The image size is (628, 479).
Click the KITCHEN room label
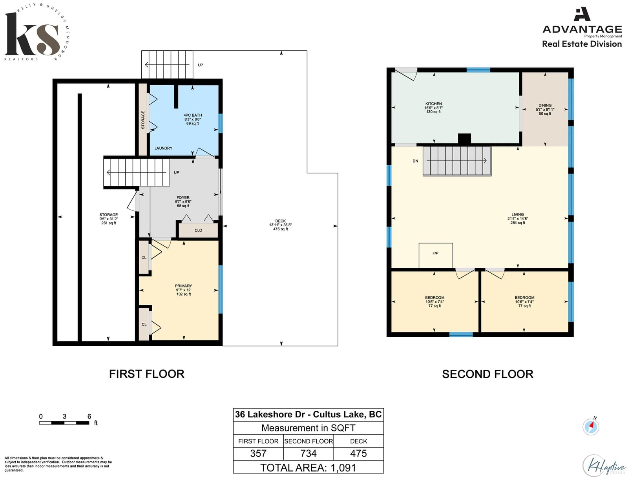coord(433,104)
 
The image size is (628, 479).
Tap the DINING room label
coord(545,105)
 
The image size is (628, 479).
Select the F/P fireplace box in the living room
coord(435,255)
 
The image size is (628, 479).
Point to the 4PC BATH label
coord(193,115)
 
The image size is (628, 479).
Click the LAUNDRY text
coord(163,148)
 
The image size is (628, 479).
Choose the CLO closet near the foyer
coord(198,230)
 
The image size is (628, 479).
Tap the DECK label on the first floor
coord(280,221)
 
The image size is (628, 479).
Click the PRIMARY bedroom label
coord(183,286)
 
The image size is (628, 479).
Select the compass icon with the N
coord(591,427)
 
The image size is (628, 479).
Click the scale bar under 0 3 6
coord(64,423)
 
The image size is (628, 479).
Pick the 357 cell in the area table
coord(258,453)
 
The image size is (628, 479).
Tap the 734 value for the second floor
coord(309,453)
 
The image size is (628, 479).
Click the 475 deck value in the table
coord(358,453)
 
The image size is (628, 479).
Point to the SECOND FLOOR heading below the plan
coord(487,374)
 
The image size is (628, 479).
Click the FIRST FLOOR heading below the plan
coord(146,374)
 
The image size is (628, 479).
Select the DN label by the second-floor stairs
coord(415,161)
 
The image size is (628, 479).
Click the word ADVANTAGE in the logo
coord(582,29)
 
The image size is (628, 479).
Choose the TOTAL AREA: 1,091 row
coord(308,468)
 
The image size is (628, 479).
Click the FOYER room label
coord(183,197)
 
